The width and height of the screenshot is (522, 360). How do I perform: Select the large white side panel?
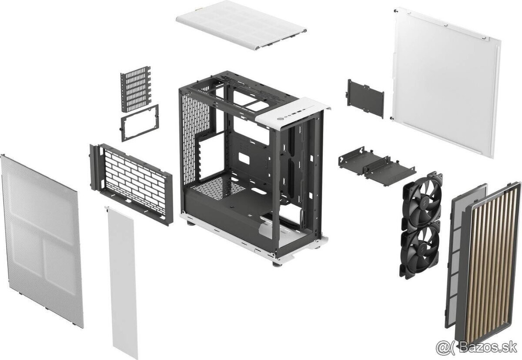[446, 80]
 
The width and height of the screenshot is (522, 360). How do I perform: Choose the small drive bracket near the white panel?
[365, 97]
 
